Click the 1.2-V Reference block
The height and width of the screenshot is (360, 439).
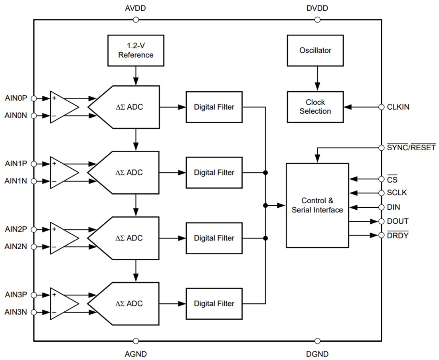pos(136,50)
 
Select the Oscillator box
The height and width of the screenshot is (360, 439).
pos(315,50)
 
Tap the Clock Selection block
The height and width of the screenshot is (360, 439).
pos(315,107)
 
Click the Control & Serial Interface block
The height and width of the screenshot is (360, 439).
pos(317,205)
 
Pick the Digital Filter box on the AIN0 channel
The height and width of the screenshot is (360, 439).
pos(214,107)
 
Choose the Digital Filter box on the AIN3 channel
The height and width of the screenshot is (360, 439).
pos(214,303)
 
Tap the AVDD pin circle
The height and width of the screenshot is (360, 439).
pos(136,20)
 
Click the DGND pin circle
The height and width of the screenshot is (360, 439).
pos(317,341)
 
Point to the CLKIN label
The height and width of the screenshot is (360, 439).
pos(398,107)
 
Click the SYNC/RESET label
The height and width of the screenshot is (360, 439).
pos(411,148)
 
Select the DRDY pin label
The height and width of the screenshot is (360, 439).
pos(398,235)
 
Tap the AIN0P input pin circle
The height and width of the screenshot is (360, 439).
pos(34,98)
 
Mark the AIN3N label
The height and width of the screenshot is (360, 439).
pos(16,312)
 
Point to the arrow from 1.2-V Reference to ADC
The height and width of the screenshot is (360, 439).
pos(136,75)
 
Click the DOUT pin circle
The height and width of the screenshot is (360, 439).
pos(381,221)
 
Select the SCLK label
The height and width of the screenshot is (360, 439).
pos(397,193)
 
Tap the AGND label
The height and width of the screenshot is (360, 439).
pos(136,354)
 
